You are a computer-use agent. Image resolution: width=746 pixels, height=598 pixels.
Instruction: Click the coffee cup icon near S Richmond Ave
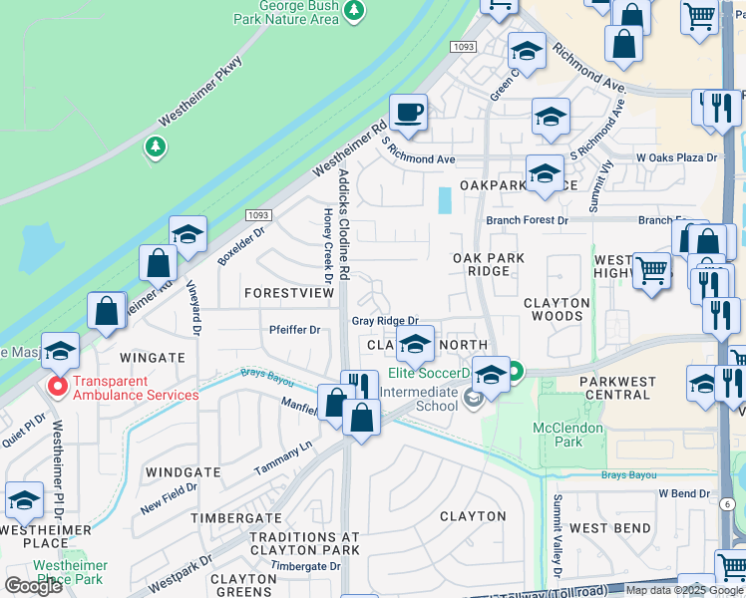click(407, 113)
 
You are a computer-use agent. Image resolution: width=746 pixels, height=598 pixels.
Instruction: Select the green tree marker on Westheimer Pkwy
click(155, 149)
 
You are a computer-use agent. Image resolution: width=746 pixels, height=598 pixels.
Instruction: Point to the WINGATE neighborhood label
click(153, 356)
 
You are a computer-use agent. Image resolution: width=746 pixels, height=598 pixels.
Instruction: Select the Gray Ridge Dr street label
click(384, 321)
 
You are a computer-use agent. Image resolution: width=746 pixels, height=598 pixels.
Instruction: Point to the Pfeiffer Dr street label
click(293, 330)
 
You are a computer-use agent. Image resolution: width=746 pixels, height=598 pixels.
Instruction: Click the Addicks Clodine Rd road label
click(344, 223)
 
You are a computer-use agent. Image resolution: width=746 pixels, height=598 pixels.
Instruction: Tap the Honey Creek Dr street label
click(327, 244)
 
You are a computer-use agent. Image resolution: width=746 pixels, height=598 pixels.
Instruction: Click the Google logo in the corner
click(33, 586)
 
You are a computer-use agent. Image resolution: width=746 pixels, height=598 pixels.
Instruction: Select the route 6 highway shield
click(728, 504)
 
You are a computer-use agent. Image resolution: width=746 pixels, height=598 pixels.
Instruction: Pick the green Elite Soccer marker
click(516, 374)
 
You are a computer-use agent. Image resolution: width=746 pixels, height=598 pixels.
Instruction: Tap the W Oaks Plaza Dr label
click(676, 157)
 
